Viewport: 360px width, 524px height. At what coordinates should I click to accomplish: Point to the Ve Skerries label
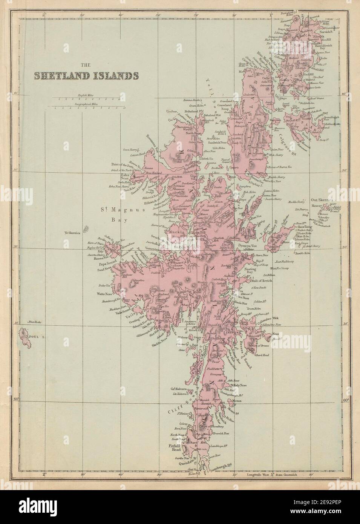[x=72, y=233]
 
